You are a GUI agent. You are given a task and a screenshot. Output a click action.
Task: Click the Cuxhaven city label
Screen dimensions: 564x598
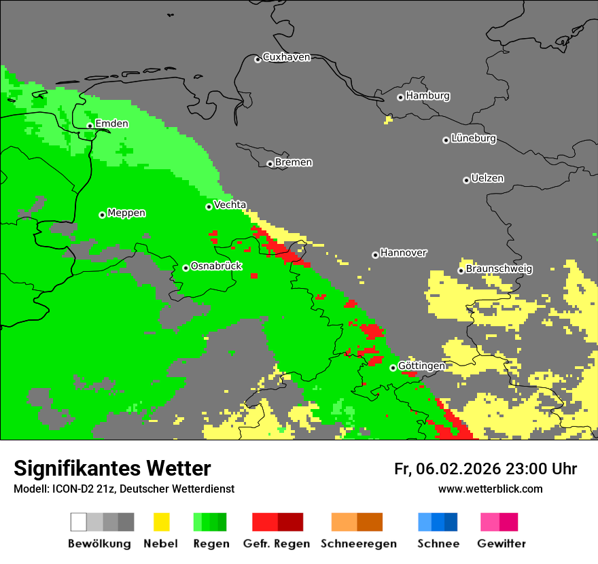point(286,57)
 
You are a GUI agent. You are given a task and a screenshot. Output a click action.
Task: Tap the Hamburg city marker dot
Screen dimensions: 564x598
point(401,97)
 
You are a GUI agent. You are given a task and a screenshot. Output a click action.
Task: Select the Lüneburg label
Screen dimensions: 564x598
point(474,139)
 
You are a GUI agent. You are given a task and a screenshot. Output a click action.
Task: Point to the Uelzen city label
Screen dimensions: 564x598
point(487,179)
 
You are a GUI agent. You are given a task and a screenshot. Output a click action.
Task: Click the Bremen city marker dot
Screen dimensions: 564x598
point(270,164)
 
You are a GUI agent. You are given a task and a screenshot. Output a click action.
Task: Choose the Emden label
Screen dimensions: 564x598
point(111,124)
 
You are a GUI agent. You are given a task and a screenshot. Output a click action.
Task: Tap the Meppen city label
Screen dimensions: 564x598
point(126,213)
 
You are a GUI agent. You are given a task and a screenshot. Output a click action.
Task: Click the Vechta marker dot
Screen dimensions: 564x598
point(209,207)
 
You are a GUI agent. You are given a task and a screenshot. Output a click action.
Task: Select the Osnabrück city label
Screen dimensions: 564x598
point(216,266)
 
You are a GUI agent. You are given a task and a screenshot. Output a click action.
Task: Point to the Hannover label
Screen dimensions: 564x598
point(403,253)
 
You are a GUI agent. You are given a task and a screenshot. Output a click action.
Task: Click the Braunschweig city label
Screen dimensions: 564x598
point(499,269)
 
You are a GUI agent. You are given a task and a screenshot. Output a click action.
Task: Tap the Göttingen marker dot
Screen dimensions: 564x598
point(393,368)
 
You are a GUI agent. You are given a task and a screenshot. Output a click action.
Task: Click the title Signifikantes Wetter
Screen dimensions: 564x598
point(112,468)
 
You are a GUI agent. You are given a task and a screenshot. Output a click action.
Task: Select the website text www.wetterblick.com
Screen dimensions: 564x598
point(490,489)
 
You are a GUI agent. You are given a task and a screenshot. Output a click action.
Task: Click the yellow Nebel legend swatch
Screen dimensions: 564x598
point(161,522)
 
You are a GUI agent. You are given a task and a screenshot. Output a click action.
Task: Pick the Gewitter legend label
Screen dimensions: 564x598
point(501,544)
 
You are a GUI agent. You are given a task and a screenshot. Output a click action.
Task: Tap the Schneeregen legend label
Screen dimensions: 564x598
point(358,544)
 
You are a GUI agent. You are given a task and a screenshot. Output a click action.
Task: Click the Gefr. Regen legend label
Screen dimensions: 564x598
point(277,544)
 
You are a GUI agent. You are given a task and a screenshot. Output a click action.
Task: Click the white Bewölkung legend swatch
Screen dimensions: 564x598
point(78,522)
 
